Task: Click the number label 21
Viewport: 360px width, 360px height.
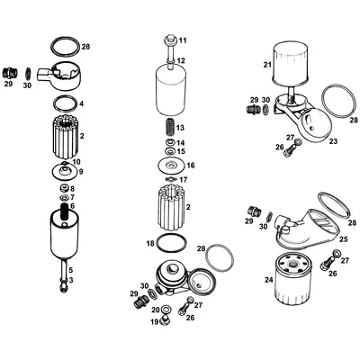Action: coord(266,65)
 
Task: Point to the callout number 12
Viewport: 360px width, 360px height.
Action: coord(182,60)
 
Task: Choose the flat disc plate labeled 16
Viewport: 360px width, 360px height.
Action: coord(166,165)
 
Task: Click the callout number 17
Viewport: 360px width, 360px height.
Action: coord(183,180)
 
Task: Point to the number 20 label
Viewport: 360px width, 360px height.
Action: coord(156,310)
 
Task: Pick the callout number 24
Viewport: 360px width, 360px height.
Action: coord(268,280)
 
